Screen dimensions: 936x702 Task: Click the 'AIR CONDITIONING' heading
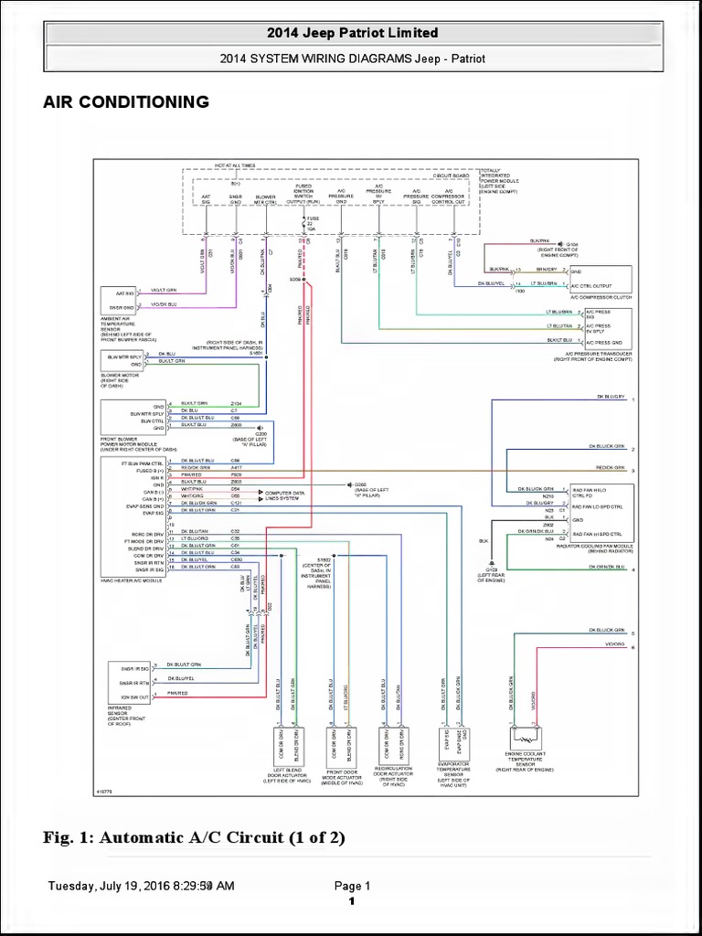click(x=126, y=101)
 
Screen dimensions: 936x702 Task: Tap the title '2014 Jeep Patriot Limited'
click(x=352, y=33)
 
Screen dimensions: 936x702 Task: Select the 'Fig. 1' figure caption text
click(x=194, y=838)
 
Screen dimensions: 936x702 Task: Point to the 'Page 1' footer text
click(x=352, y=886)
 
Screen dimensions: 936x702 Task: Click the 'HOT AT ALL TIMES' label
click(x=235, y=165)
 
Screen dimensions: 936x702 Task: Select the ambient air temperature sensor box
click(x=118, y=300)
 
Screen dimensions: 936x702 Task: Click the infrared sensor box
click(x=128, y=682)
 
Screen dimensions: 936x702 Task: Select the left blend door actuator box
click(x=288, y=745)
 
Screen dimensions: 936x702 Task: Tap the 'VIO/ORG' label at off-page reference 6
click(x=615, y=645)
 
